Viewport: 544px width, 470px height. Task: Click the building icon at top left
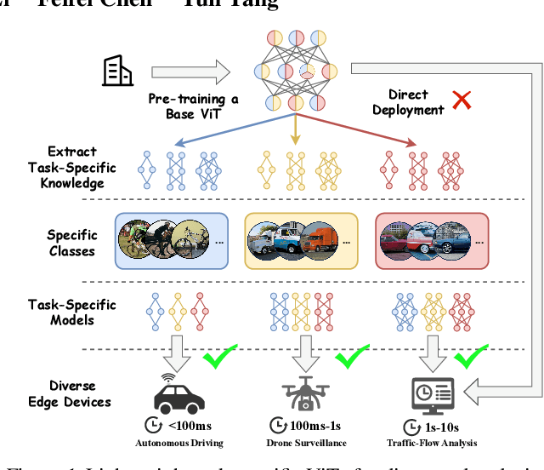click(116, 71)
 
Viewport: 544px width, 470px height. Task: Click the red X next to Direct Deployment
click(462, 101)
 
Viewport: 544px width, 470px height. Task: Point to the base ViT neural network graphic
click(295, 72)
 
